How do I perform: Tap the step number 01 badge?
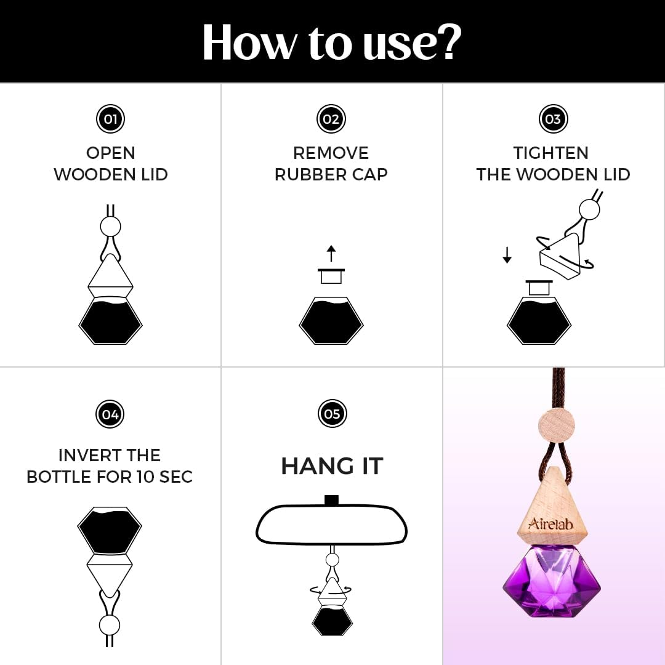click(x=110, y=119)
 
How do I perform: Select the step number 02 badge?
click(x=331, y=119)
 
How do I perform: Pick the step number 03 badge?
click(x=553, y=119)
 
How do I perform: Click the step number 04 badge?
click(x=110, y=414)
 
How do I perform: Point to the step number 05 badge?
click(x=332, y=414)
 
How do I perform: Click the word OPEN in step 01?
click(x=111, y=153)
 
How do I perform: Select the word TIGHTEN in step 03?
click(x=551, y=153)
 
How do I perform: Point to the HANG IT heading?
click(x=332, y=466)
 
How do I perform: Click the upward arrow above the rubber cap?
click(x=331, y=253)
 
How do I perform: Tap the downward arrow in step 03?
click(x=507, y=256)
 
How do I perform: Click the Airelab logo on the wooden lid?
click(x=550, y=523)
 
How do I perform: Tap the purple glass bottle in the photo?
click(x=552, y=582)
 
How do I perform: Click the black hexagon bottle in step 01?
click(x=110, y=320)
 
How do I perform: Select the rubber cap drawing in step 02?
click(x=331, y=276)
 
